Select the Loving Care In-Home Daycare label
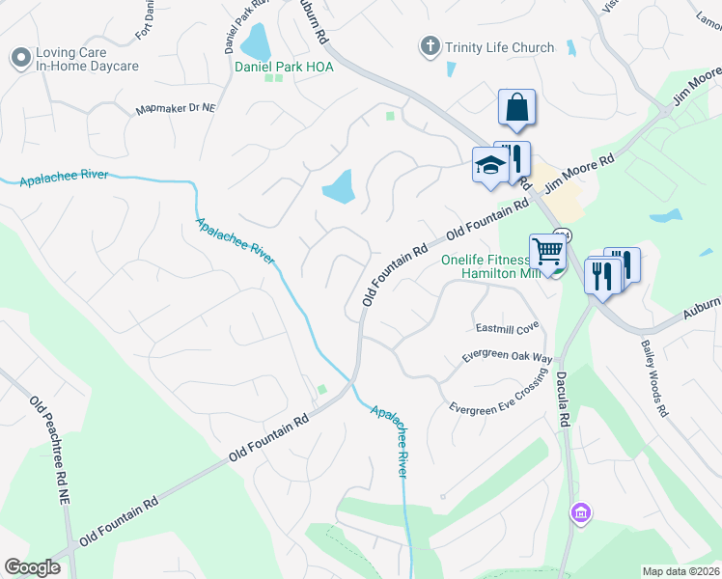(x=87, y=60)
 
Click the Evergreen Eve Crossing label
(x=498, y=394)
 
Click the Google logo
(x=32, y=567)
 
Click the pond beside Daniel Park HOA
(x=256, y=41)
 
